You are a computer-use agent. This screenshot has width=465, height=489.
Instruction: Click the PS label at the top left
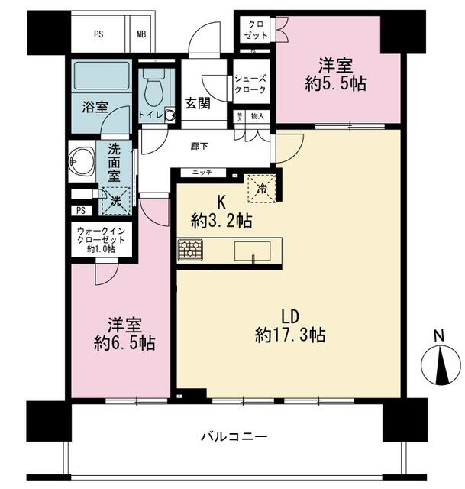pos(99,34)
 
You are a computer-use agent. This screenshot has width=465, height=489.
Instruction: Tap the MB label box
pos(142,34)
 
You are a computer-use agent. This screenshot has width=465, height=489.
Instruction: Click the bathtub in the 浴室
pos(102,77)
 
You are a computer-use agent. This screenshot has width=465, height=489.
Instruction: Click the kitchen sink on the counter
pos(250,250)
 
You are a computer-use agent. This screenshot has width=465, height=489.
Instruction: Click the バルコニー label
pos(234,438)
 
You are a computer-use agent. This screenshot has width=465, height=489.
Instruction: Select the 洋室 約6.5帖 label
pos(120,334)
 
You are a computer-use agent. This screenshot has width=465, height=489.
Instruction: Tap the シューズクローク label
pos(250,83)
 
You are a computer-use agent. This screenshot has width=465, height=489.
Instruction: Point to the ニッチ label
pos(202,173)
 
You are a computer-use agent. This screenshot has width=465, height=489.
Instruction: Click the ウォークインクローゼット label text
pos(101,238)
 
